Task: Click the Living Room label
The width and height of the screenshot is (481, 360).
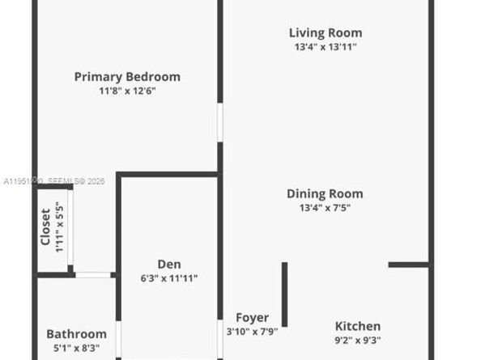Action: [x=326, y=33]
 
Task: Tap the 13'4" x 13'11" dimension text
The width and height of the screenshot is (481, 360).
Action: [x=326, y=47]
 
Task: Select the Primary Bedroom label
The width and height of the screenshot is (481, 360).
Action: [x=127, y=77]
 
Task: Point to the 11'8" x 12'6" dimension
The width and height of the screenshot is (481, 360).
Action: [x=127, y=91]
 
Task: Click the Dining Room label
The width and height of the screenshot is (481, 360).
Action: [x=325, y=193]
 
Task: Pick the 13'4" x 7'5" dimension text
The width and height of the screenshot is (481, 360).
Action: [x=325, y=207]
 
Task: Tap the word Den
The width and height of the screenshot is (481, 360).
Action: [x=169, y=264]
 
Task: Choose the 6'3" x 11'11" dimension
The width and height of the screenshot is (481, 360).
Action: [x=169, y=278]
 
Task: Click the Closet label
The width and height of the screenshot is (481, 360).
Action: [x=46, y=227]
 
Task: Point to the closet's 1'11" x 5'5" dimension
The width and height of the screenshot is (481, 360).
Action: [x=59, y=227]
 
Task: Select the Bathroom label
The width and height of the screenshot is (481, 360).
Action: [x=76, y=334]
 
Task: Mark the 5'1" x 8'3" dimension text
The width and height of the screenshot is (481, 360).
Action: [x=76, y=348]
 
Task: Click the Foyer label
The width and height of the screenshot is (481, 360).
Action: [x=252, y=318]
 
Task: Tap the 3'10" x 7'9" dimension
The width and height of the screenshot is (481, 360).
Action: [x=252, y=332]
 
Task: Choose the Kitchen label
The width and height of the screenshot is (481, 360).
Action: [x=358, y=326]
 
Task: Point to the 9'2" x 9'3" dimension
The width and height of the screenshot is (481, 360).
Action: [x=358, y=340]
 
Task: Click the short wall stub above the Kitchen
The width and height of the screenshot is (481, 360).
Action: [x=408, y=265]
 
